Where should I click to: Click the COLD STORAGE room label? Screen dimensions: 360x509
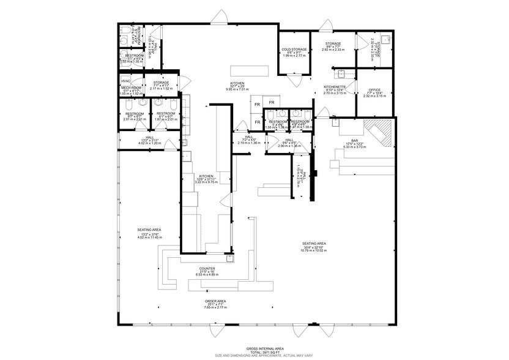click(294, 49)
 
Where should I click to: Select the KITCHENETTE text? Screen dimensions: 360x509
click(335, 87)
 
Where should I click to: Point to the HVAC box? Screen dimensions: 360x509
click(125, 81)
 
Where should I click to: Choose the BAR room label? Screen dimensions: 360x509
click(354, 140)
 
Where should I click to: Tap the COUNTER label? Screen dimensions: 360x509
click(207, 268)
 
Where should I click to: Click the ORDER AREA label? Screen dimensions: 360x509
click(215, 301)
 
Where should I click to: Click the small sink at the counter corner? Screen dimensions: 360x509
click(229, 258)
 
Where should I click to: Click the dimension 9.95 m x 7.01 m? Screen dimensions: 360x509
click(237, 89)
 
